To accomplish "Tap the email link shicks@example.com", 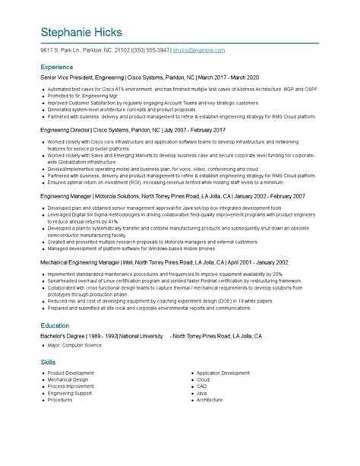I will pos(199,50).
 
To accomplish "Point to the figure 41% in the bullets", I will pos(112,221).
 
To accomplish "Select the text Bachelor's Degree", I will pos(62,335).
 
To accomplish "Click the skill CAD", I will pos(201,386).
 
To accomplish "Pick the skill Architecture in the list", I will pos(210,399).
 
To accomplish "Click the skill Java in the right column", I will pos(202,392).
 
